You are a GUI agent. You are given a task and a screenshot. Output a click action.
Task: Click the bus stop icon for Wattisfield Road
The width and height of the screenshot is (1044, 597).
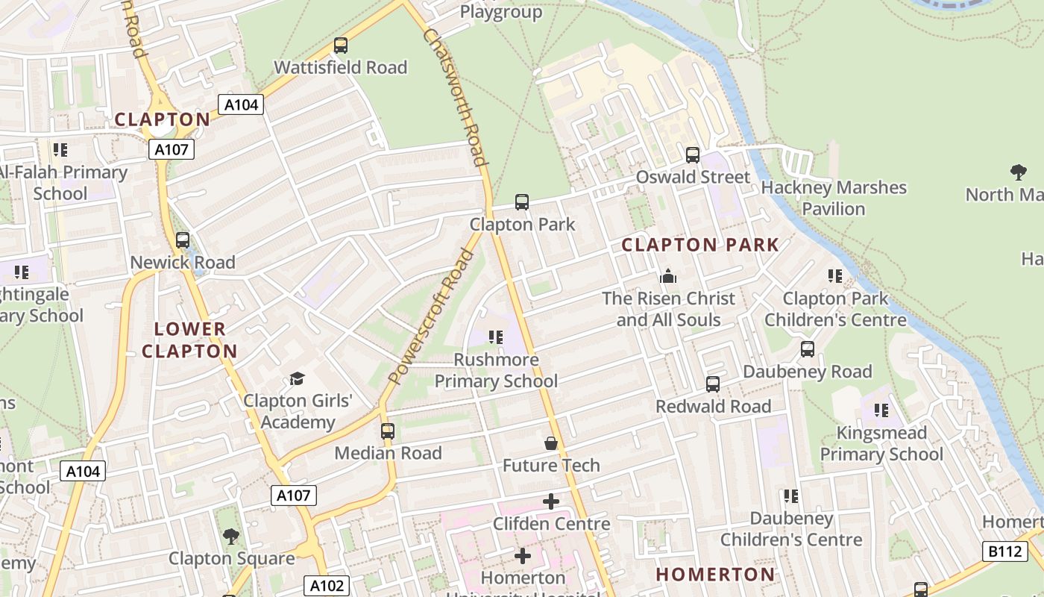pos(341,46)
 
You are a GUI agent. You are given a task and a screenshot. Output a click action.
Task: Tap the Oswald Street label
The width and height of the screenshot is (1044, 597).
pos(693,177)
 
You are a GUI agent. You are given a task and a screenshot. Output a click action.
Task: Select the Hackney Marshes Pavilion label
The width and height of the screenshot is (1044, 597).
pos(834,198)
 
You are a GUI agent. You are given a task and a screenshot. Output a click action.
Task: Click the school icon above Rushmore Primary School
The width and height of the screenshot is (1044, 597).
pos(496,337)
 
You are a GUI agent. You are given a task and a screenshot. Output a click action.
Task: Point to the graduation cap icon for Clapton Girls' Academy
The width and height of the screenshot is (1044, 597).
pos(298,379)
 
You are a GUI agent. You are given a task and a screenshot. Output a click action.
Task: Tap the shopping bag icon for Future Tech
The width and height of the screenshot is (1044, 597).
pos(551,444)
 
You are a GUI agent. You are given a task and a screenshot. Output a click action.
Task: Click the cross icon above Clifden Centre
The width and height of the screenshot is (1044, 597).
pos(551,501)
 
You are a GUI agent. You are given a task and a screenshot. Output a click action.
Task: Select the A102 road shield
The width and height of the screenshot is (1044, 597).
pos(327,585)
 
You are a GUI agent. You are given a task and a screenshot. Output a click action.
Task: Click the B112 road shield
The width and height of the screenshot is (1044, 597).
pos(1004,551)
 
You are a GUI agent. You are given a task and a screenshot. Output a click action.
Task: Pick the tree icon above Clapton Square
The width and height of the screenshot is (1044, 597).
pos(231,536)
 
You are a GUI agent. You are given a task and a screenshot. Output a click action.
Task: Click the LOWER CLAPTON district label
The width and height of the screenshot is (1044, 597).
pos(189,340)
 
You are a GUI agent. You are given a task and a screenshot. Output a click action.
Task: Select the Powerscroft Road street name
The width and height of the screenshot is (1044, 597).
pos(432,316)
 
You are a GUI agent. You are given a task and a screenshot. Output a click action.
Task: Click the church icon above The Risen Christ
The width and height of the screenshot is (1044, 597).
pos(668,276)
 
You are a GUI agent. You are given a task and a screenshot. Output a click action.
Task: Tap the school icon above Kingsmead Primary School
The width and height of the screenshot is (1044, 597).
pos(881,410)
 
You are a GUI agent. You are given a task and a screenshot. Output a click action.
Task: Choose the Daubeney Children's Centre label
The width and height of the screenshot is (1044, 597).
pos(791,529)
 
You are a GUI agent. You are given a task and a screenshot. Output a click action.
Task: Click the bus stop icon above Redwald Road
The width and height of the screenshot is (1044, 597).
pos(713,384)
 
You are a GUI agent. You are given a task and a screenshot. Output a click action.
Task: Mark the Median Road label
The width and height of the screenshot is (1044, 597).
pos(388,453)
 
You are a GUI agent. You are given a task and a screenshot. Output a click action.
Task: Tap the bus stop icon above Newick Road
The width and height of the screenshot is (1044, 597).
pos(183,240)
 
